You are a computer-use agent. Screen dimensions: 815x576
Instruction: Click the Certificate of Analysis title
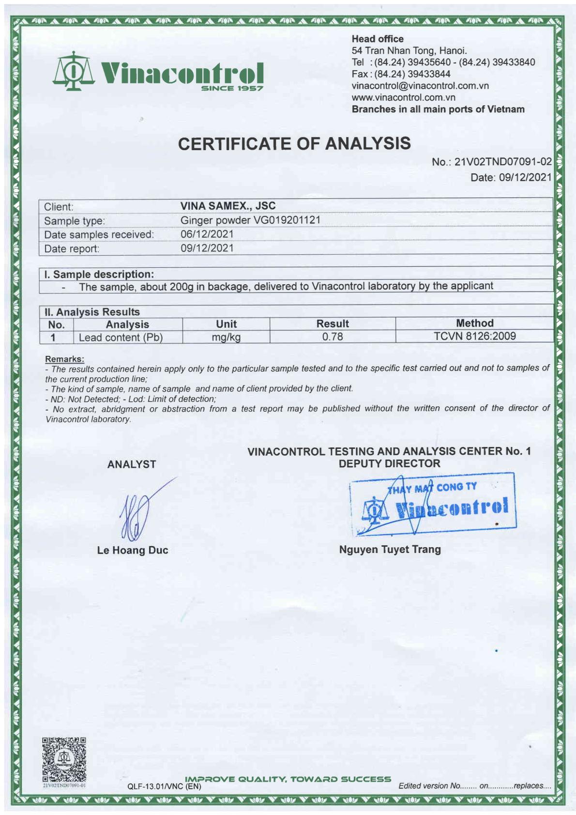coord(294,143)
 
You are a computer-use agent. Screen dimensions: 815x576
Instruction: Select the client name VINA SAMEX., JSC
coord(228,206)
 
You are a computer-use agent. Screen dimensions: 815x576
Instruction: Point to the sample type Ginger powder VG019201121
coord(250,220)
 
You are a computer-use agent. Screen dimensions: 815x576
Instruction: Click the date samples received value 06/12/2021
coord(207,234)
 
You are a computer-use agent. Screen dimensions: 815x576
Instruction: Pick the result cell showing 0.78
coord(333,337)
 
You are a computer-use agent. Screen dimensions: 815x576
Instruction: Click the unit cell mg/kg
coord(226,337)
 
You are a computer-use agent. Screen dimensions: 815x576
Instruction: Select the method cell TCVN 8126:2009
coord(474,336)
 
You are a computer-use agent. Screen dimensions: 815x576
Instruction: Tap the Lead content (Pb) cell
coord(121,338)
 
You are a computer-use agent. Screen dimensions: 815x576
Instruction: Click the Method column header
coord(474,323)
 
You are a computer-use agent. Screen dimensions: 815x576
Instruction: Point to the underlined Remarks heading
coord(64,359)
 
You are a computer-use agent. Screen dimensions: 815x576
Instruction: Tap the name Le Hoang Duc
coord(133,550)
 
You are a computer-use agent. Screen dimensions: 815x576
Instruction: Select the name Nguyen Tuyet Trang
coord(390,549)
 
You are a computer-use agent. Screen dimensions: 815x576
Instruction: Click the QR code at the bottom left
coord(64,759)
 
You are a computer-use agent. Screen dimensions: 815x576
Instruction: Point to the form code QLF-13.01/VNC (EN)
coord(164,786)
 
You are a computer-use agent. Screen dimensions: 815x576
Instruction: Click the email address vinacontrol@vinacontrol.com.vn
coord(420,86)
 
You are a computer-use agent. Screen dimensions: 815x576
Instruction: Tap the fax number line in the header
coord(401,74)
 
